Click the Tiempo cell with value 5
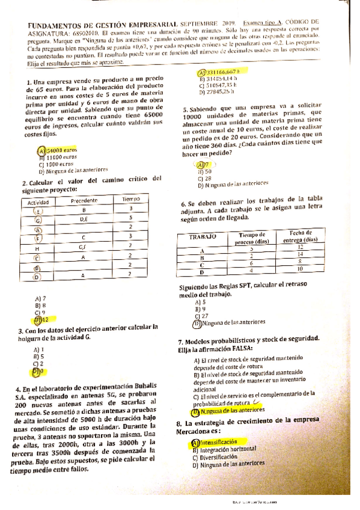coord(130,218)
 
